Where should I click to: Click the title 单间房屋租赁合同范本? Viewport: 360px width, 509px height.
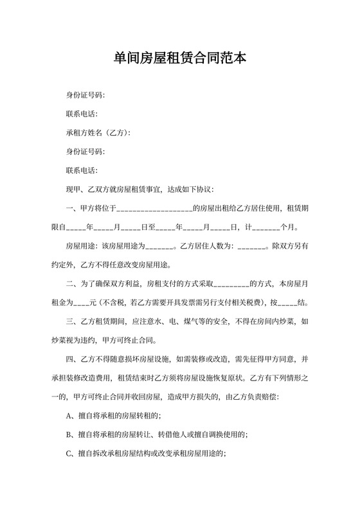click(x=179, y=58)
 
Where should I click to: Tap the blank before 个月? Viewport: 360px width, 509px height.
click(x=267, y=228)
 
